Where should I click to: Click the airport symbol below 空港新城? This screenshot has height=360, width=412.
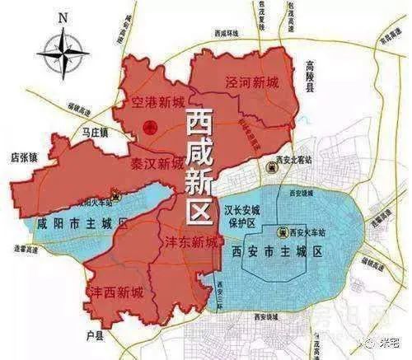149,126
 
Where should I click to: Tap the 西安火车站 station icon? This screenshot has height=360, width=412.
280,232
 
